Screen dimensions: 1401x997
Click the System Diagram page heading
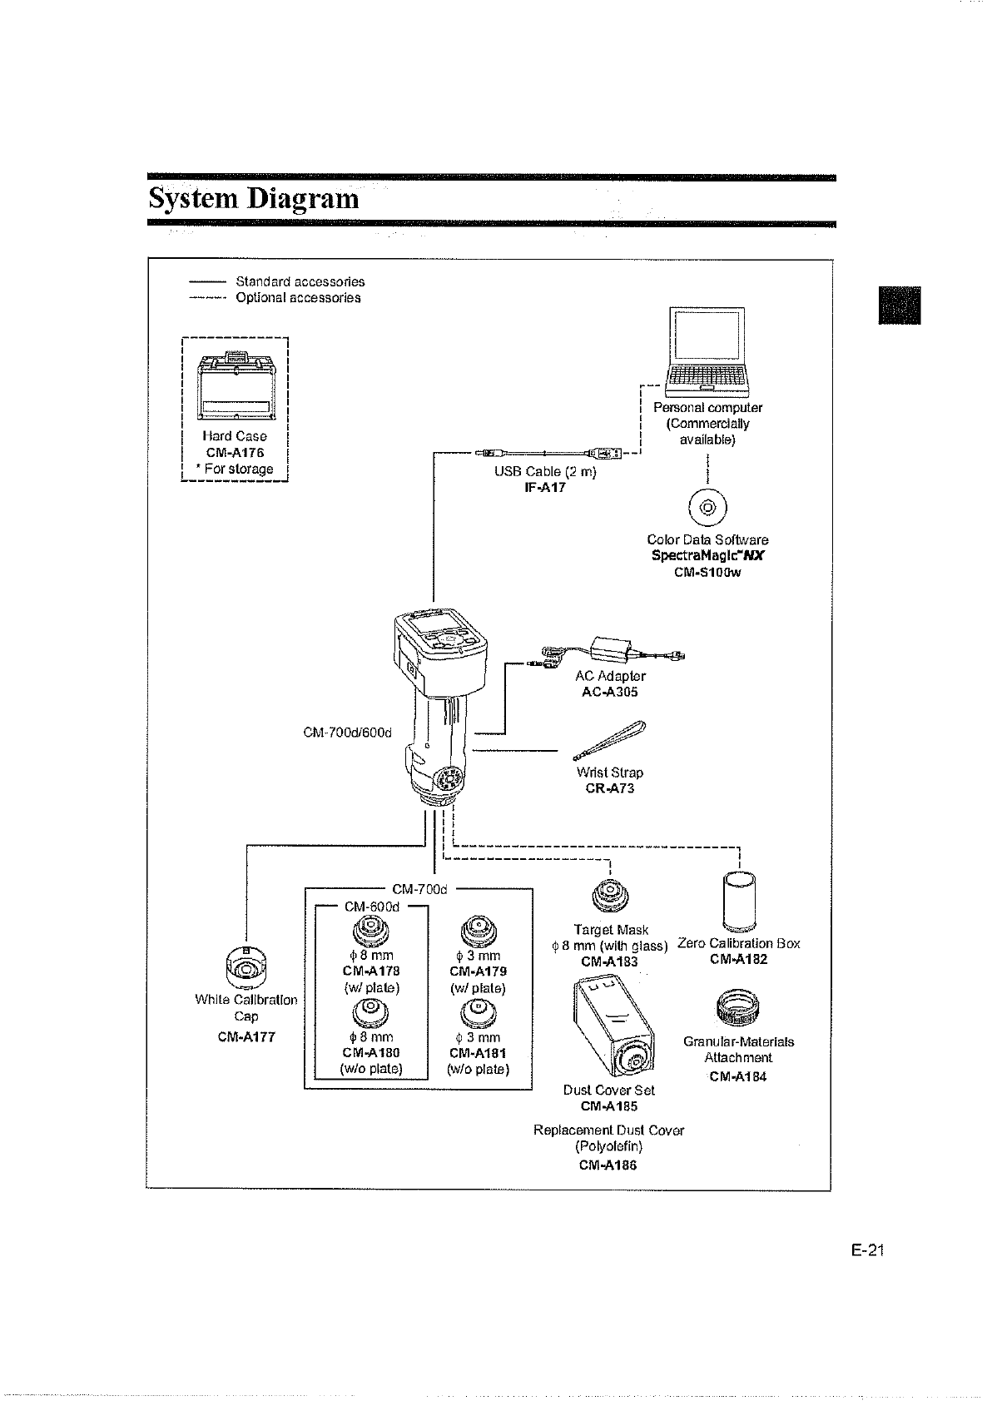(254, 200)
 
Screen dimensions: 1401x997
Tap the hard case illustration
(236, 387)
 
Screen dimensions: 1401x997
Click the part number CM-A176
(235, 453)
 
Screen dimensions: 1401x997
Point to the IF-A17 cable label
(545, 488)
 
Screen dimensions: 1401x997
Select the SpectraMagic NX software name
(707, 556)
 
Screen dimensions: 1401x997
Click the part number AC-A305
(610, 693)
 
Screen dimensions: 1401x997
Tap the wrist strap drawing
(610, 740)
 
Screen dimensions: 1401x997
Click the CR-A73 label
(610, 788)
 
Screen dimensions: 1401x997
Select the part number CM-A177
(246, 1037)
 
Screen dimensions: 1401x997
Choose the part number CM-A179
(478, 971)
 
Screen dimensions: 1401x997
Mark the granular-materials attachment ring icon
(737, 1007)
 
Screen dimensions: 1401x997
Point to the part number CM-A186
(608, 1165)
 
